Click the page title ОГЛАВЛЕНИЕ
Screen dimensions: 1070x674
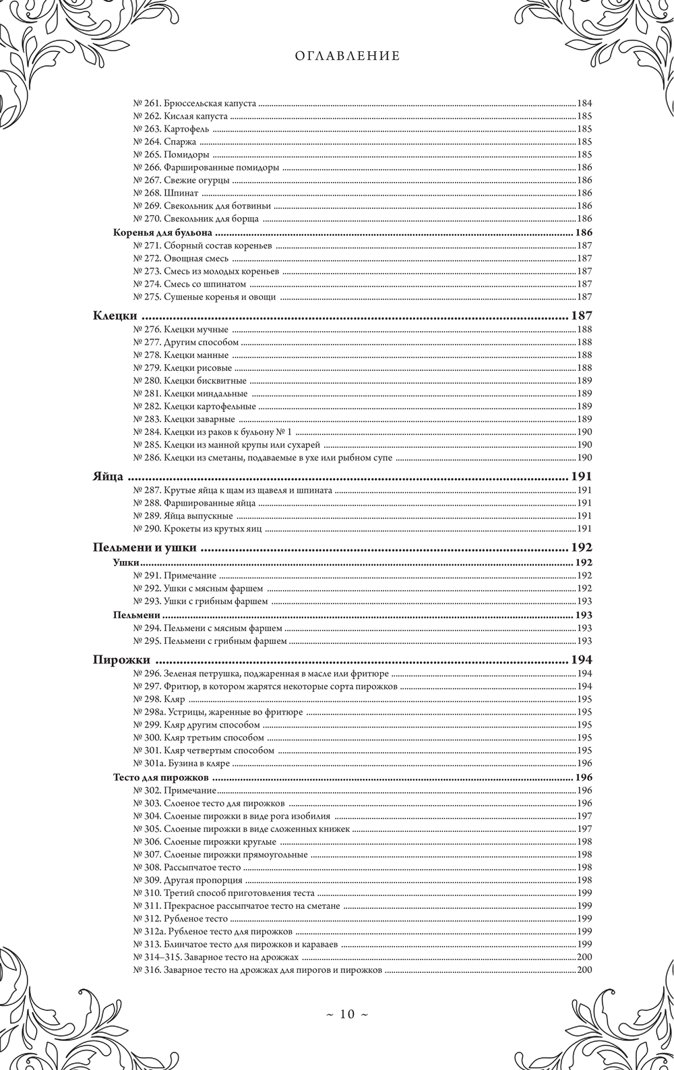(347, 57)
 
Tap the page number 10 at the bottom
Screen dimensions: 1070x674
(346, 1014)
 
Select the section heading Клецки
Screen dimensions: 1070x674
(115, 316)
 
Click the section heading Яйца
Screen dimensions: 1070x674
(107, 476)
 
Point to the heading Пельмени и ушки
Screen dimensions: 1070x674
(144, 547)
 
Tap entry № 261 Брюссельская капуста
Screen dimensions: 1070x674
(194, 104)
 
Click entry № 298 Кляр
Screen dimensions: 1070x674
(159, 699)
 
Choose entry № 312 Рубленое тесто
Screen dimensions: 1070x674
(180, 918)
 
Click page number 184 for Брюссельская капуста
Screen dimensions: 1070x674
(584, 104)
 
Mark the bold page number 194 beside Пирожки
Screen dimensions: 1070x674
(581, 659)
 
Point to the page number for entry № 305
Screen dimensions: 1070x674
(584, 829)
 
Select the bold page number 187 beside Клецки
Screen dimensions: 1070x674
(581, 316)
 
